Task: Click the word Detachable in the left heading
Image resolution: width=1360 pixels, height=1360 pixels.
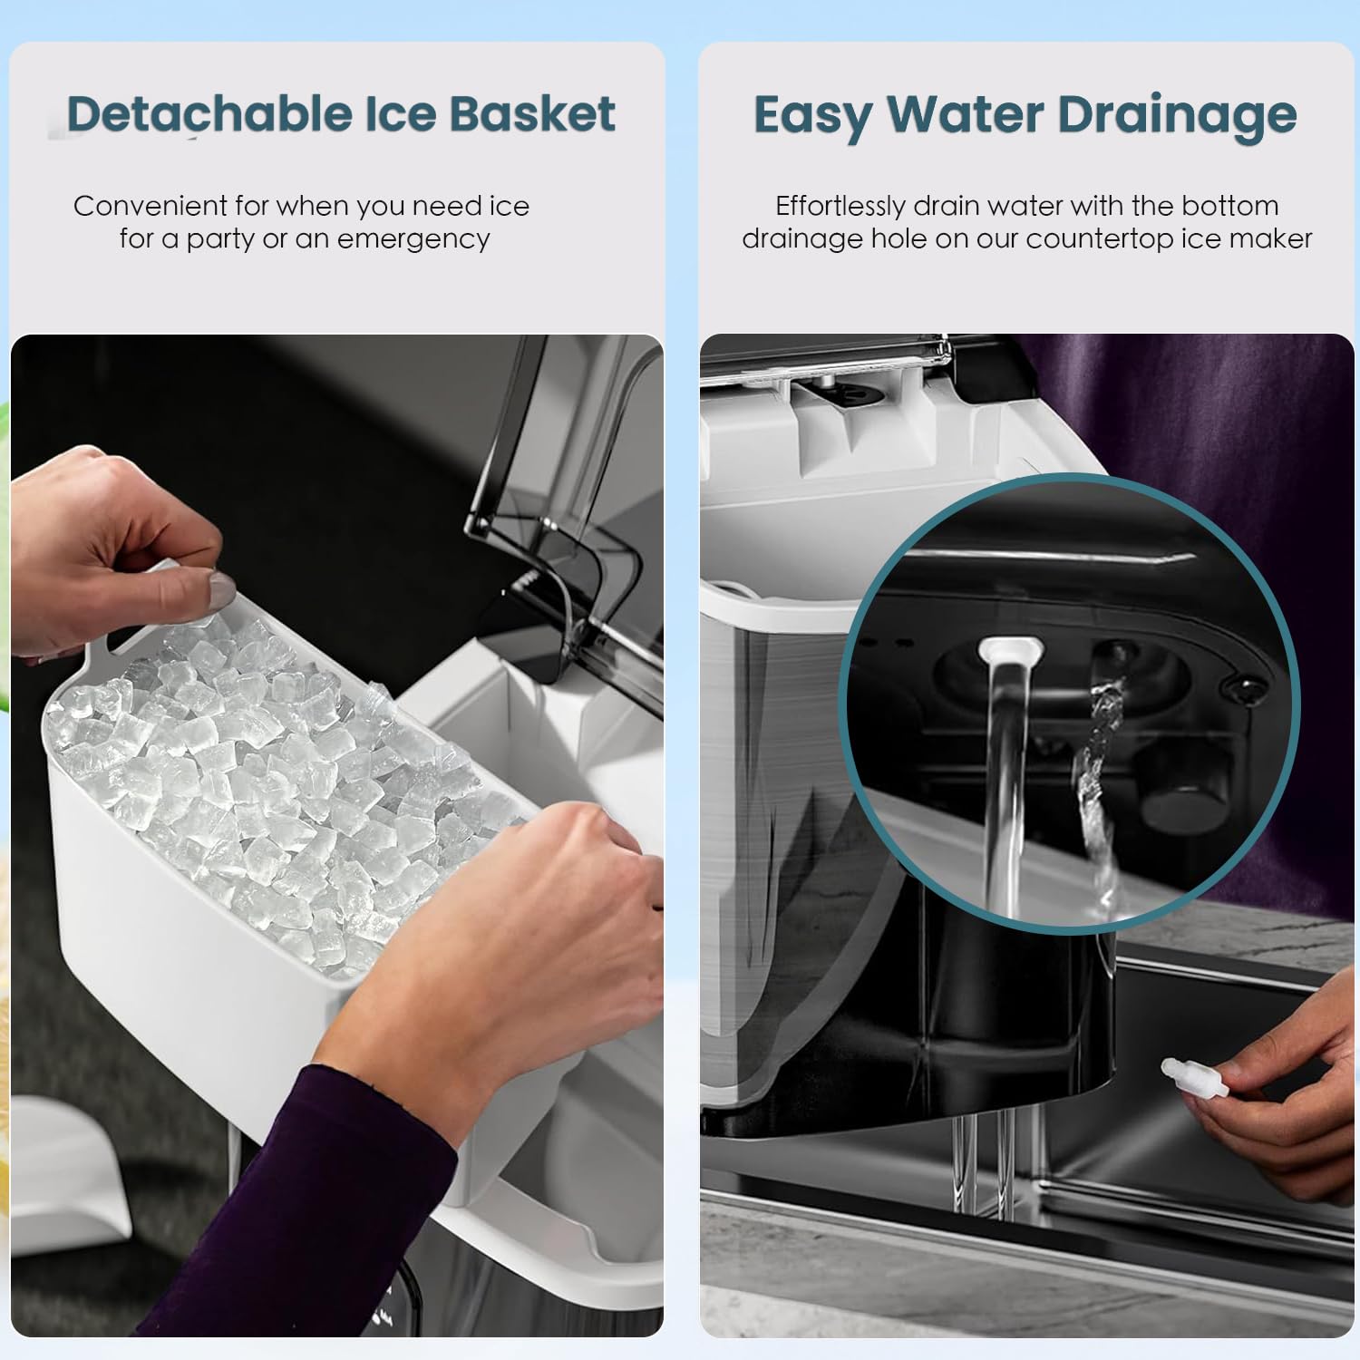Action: coord(209,114)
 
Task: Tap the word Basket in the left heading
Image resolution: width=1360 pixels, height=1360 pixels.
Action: coord(532,114)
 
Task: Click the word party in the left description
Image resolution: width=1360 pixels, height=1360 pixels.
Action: coord(222,239)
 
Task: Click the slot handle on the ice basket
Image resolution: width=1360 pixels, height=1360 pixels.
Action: coord(127,639)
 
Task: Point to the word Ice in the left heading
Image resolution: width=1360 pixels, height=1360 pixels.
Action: coord(400,114)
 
